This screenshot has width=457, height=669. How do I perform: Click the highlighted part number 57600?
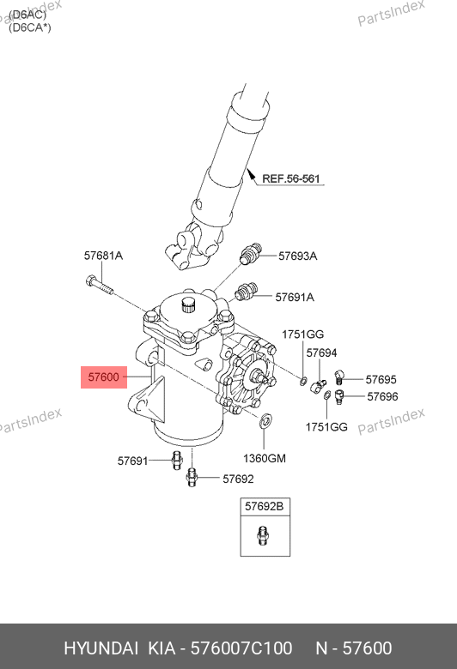coord(103,377)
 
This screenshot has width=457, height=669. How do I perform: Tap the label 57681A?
coord(103,256)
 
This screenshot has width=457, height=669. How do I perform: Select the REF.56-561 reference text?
coord(291,178)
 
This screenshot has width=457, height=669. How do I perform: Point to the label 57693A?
coord(297,256)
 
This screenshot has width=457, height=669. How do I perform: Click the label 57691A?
coord(295,297)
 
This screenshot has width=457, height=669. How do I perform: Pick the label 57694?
coord(321,353)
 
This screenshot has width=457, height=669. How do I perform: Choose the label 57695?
coord(381,379)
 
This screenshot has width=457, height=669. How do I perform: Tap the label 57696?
coord(382,396)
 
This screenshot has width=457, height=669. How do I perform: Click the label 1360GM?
coord(265,458)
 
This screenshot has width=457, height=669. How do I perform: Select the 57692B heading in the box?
coord(265,506)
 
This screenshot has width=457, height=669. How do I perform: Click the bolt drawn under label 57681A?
coord(100,286)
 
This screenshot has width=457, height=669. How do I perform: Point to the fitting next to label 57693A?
coord(250,253)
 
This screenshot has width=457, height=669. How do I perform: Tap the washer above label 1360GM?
coord(265,419)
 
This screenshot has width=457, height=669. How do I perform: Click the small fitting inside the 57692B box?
coord(264,535)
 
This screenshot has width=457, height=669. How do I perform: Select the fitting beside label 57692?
coord(192,477)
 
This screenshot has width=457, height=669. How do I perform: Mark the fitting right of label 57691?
coord(177,460)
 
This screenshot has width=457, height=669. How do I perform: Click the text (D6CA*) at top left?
coord(30,27)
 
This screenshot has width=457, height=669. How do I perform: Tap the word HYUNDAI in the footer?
coord(101,648)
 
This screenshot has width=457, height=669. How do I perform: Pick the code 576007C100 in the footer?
coord(241,648)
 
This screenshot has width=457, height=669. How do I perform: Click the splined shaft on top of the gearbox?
coord(188,304)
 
